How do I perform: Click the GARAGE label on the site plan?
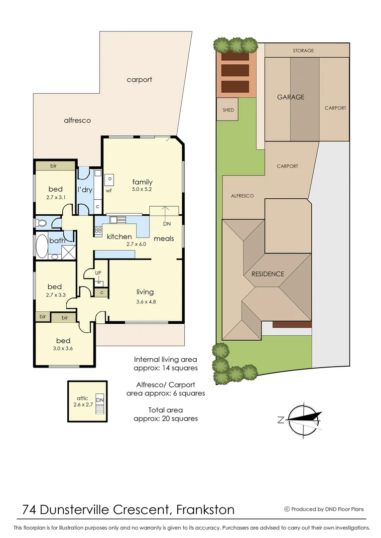pos(290,97)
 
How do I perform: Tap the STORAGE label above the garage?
pos(303,51)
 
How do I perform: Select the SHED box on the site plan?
pos(228,110)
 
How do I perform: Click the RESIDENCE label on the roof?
pos(267,274)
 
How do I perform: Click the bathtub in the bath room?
pos(41,246)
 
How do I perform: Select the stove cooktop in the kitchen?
pos(98,231)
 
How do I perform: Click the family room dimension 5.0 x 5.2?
pos(142,190)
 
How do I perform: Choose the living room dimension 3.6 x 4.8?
pos(145,301)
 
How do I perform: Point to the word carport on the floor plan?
pos(139,80)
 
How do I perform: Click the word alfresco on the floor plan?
pos(77,121)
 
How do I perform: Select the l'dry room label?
pos(85,189)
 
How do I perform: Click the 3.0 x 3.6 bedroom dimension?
pos(63,349)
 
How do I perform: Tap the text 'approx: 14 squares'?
pos(166,368)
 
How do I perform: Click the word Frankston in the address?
pos(206,510)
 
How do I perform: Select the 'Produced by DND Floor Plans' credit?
pos(327,509)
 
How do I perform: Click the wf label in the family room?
pos(109,190)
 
